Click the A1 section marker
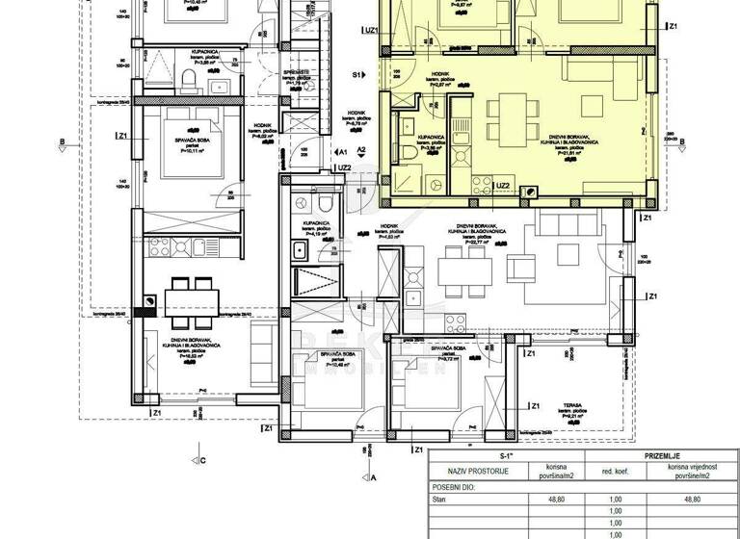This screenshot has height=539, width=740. click(x=341, y=152)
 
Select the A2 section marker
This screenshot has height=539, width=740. click(x=362, y=151)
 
